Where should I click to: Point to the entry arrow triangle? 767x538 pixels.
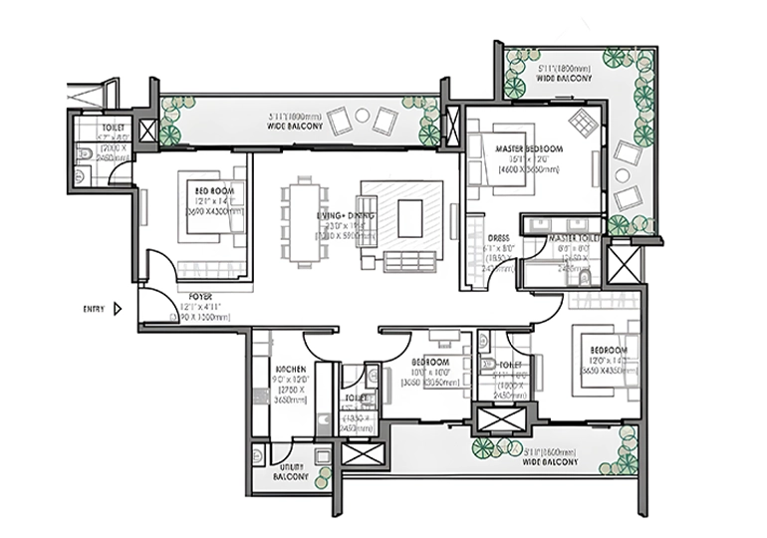point(118,309)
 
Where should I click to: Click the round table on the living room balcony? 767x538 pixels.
point(362,117)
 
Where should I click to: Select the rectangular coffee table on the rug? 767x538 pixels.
point(410,218)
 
